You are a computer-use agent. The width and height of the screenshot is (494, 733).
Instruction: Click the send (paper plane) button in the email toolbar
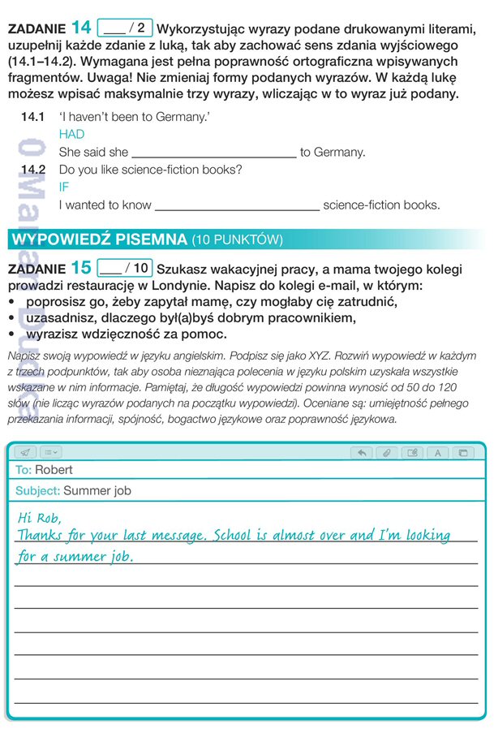click(25, 452)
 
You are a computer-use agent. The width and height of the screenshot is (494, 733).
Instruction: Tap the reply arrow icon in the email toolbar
click(362, 453)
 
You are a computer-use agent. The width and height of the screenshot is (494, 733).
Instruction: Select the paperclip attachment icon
click(387, 453)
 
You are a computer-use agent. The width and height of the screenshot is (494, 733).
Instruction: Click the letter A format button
click(437, 453)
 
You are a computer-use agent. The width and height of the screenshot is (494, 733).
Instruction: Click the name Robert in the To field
click(54, 470)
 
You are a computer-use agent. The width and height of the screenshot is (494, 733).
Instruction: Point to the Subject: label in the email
click(37, 491)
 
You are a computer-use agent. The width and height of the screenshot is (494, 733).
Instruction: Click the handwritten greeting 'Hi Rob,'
click(39, 517)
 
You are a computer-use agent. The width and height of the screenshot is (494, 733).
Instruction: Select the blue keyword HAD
click(71, 135)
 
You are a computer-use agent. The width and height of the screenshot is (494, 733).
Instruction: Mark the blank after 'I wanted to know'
click(237, 205)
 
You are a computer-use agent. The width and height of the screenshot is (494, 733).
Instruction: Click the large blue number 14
click(81, 28)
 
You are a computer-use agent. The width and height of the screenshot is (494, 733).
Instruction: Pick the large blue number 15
click(81, 268)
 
